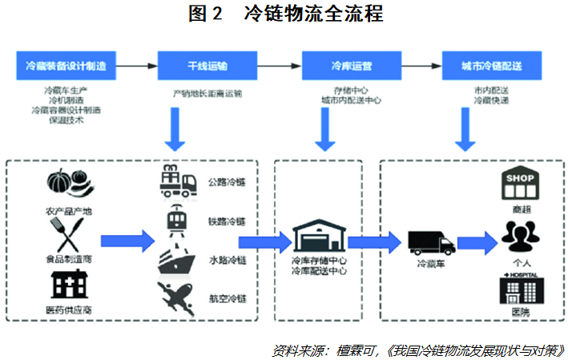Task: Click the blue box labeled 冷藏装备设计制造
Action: (x=66, y=63)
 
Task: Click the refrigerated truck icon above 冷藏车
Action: (x=431, y=241)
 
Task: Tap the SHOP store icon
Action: (x=520, y=185)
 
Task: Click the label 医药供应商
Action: (x=66, y=309)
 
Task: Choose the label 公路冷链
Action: (x=228, y=182)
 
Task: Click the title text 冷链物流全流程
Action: (x=314, y=14)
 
